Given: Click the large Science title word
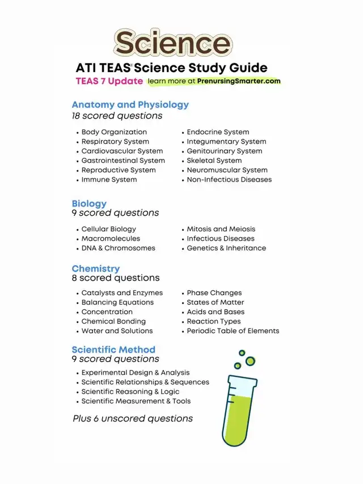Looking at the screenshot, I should tap(172, 43).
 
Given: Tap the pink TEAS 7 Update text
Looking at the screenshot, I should tap(109, 81).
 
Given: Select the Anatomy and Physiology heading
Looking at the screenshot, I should tap(130, 104).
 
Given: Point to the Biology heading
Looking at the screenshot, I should tap(89, 203).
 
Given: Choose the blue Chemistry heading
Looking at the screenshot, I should tap(95, 268).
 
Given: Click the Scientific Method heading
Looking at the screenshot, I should tap(113, 350).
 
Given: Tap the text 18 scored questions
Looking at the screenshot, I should tap(117, 116).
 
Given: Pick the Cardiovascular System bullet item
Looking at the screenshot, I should tap(122, 151).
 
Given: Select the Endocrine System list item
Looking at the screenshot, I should tap(218, 132).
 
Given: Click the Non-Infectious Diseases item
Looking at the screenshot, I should tap(229, 179).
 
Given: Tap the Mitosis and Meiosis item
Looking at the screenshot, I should tap(221, 229).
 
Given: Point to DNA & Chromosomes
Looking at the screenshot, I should tap(118, 248).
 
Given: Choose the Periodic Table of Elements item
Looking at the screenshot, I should tap(233, 331).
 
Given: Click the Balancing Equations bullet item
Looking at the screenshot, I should tap(117, 302).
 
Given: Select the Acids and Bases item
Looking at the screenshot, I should tap(216, 312).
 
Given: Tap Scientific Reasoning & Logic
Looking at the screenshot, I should tap(130, 392).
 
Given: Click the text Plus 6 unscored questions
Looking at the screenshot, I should tap(133, 419).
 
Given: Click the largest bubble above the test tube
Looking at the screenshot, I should tap(248, 360).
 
